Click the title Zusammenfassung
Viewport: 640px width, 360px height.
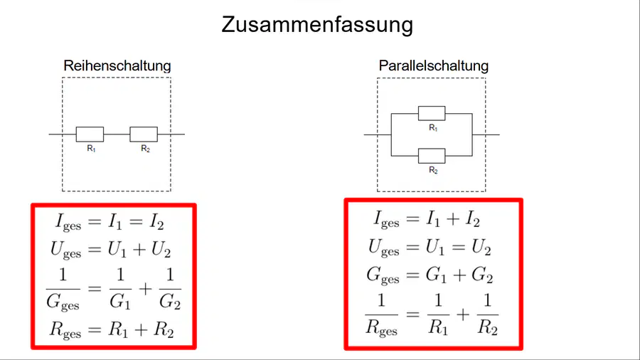point(317,24)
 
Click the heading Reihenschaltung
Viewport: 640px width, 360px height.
point(117,65)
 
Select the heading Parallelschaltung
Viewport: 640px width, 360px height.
point(434,65)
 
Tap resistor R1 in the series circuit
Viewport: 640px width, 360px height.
point(90,134)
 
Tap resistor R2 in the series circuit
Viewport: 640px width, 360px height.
point(144,134)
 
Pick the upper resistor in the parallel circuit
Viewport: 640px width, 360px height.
point(432,113)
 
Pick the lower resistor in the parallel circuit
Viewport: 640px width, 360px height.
point(432,156)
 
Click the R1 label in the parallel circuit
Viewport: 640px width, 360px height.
point(433,128)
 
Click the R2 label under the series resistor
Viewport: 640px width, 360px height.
point(145,149)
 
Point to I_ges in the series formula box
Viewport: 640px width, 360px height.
point(68,223)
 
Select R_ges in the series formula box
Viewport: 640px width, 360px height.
point(65,330)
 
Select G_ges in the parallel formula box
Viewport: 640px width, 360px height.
point(383,275)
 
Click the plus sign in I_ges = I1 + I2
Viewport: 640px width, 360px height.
point(453,219)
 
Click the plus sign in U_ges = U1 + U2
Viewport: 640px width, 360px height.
point(139,249)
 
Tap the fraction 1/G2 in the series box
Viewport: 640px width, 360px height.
point(170,289)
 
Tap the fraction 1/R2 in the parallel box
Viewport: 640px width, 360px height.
point(488,314)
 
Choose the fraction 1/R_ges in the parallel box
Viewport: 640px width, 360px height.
point(381,315)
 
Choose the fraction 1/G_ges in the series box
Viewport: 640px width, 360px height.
point(63,290)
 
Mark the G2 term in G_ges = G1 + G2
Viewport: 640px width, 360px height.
point(482,275)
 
